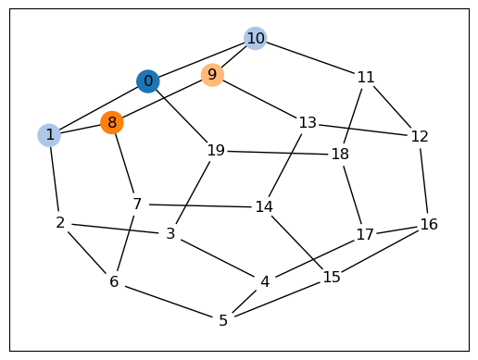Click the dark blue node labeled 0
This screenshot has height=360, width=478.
tap(148, 81)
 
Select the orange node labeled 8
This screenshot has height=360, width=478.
tap(112, 122)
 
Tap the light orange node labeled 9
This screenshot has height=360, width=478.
tap(212, 75)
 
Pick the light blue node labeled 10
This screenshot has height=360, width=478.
tap(256, 38)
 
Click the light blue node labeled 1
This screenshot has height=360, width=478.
tap(49, 135)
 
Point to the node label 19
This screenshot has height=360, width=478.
tap(216, 151)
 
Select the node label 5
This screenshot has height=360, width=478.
tap(223, 320)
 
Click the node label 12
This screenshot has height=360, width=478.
tap(420, 136)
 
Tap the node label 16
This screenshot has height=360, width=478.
tap(429, 224)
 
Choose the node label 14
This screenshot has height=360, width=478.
tap(264, 206)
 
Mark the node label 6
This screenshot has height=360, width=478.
tap(114, 281)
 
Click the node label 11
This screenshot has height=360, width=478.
tap(366, 77)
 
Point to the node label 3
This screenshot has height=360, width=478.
tap(170, 234)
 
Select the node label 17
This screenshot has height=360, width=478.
tap(365, 234)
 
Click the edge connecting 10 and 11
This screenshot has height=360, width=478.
tap(309, 57)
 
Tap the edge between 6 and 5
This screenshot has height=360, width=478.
tap(169, 302)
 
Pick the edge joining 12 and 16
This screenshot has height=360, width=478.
tap(424, 180)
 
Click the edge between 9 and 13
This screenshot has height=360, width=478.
tap(259, 99)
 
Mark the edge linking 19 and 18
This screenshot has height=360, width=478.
tap(278, 153)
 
